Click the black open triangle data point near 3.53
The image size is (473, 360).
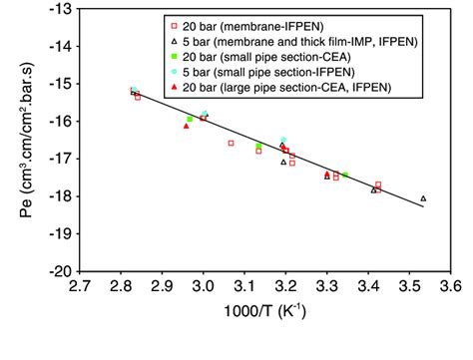click(423, 198)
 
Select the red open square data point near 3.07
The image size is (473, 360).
click(231, 144)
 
